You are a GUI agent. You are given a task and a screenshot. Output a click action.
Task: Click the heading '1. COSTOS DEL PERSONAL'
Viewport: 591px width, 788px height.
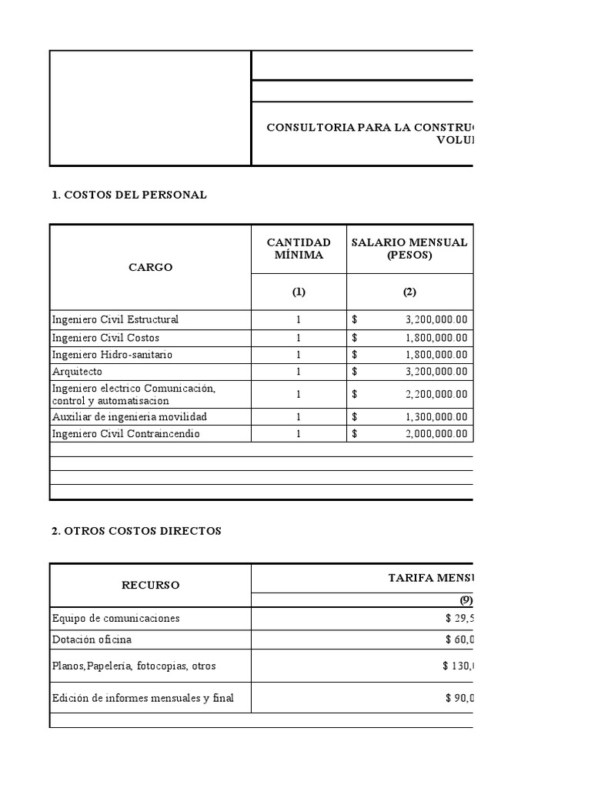pyautogui.click(x=129, y=195)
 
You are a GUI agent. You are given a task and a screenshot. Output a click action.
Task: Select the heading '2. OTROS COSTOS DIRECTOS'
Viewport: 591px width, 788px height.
pyautogui.click(x=136, y=531)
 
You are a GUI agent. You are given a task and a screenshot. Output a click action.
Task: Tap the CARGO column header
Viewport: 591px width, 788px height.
pyautogui.click(x=151, y=267)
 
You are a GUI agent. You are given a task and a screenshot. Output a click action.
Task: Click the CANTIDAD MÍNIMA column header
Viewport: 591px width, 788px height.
pyautogui.click(x=299, y=249)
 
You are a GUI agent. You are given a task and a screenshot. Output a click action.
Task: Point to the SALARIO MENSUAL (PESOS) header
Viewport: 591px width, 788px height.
pyautogui.click(x=409, y=249)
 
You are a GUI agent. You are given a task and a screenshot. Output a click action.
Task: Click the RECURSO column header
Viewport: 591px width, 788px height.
pyautogui.click(x=151, y=585)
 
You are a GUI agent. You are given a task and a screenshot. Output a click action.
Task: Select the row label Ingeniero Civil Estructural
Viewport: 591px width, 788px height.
pyautogui.click(x=115, y=319)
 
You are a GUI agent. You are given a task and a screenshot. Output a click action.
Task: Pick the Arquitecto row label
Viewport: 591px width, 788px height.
pyautogui.click(x=77, y=371)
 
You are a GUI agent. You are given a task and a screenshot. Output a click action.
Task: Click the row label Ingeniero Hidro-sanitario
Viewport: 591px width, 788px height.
pyautogui.click(x=112, y=355)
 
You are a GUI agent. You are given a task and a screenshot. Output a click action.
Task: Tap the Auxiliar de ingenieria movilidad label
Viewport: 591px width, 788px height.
pyautogui.click(x=129, y=416)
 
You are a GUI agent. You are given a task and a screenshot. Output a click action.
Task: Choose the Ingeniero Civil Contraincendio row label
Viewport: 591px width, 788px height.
pyautogui.click(x=125, y=433)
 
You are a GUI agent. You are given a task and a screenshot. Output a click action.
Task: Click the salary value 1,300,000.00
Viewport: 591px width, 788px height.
pyautogui.click(x=436, y=416)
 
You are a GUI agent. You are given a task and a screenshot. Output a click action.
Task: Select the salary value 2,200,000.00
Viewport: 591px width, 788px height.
pyautogui.click(x=436, y=394)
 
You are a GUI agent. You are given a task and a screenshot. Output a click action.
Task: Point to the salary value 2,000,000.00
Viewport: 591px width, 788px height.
pyautogui.click(x=436, y=433)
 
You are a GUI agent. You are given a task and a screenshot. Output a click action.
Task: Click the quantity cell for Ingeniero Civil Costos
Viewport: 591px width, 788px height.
pyautogui.click(x=299, y=338)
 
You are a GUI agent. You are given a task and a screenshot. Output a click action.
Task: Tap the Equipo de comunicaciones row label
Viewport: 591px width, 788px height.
pyautogui.click(x=115, y=618)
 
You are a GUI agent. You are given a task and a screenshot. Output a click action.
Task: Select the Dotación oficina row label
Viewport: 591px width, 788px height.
pyautogui.click(x=92, y=639)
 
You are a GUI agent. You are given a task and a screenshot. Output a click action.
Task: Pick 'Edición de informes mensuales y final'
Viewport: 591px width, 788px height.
pyautogui.click(x=142, y=698)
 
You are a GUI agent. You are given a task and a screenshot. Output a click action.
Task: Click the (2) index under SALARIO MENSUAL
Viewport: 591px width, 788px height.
pyautogui.click(x=409, y=292)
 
